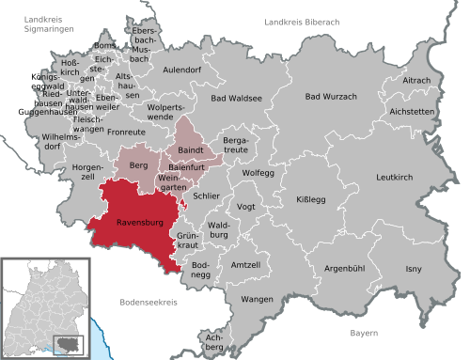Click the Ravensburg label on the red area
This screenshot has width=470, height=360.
pyautogui.click(x=141, y=224)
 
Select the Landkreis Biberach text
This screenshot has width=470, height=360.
pyautogui.click(x=303, y=21)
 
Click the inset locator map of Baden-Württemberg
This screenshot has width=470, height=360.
pyautogui.click(x=42, y=307)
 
